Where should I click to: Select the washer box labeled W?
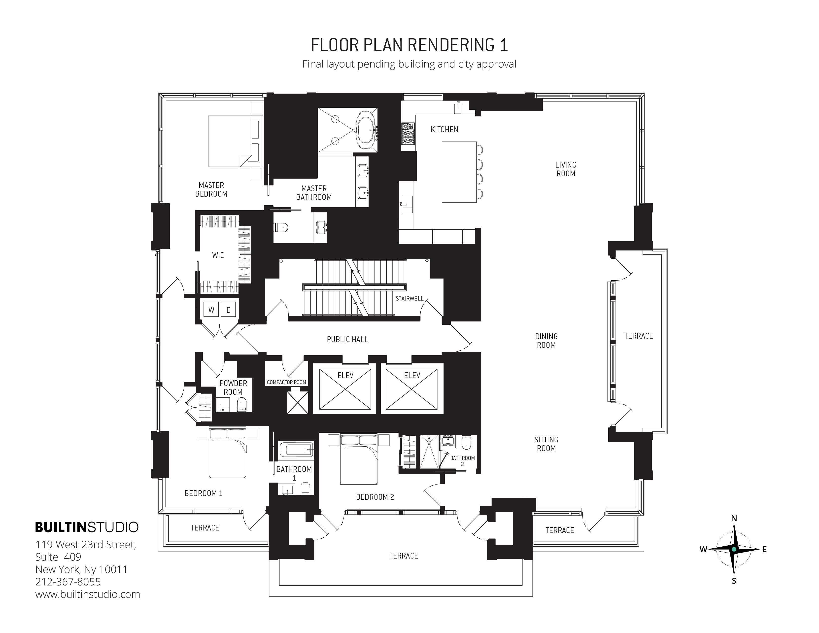211,310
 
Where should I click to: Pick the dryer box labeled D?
228,310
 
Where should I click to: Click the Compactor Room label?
286,382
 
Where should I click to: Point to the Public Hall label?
347,339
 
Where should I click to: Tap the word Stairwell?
409,298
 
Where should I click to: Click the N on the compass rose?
734,518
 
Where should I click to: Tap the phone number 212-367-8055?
68,582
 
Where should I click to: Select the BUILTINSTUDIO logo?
87,527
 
